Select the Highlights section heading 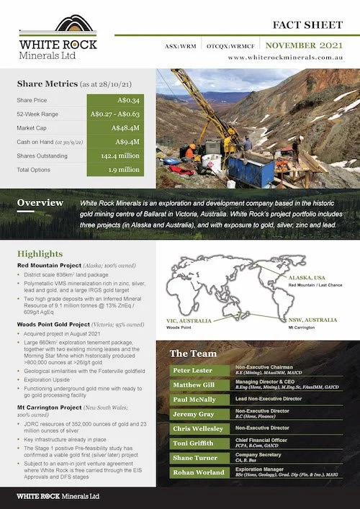[40, 254]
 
